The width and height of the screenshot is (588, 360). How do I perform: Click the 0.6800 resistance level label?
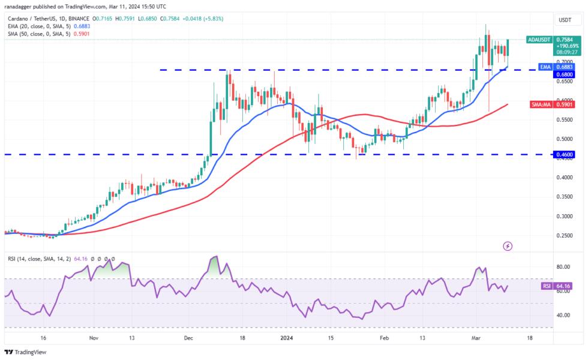[565, 74]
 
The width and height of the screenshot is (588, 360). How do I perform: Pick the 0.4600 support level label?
[565, 154]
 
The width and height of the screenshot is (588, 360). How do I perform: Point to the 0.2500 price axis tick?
[565, 235]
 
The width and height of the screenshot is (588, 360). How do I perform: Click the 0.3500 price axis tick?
[565, 196]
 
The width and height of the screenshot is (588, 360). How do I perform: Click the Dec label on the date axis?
[188, 338]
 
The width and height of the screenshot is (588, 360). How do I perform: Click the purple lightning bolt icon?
[508, 246]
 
